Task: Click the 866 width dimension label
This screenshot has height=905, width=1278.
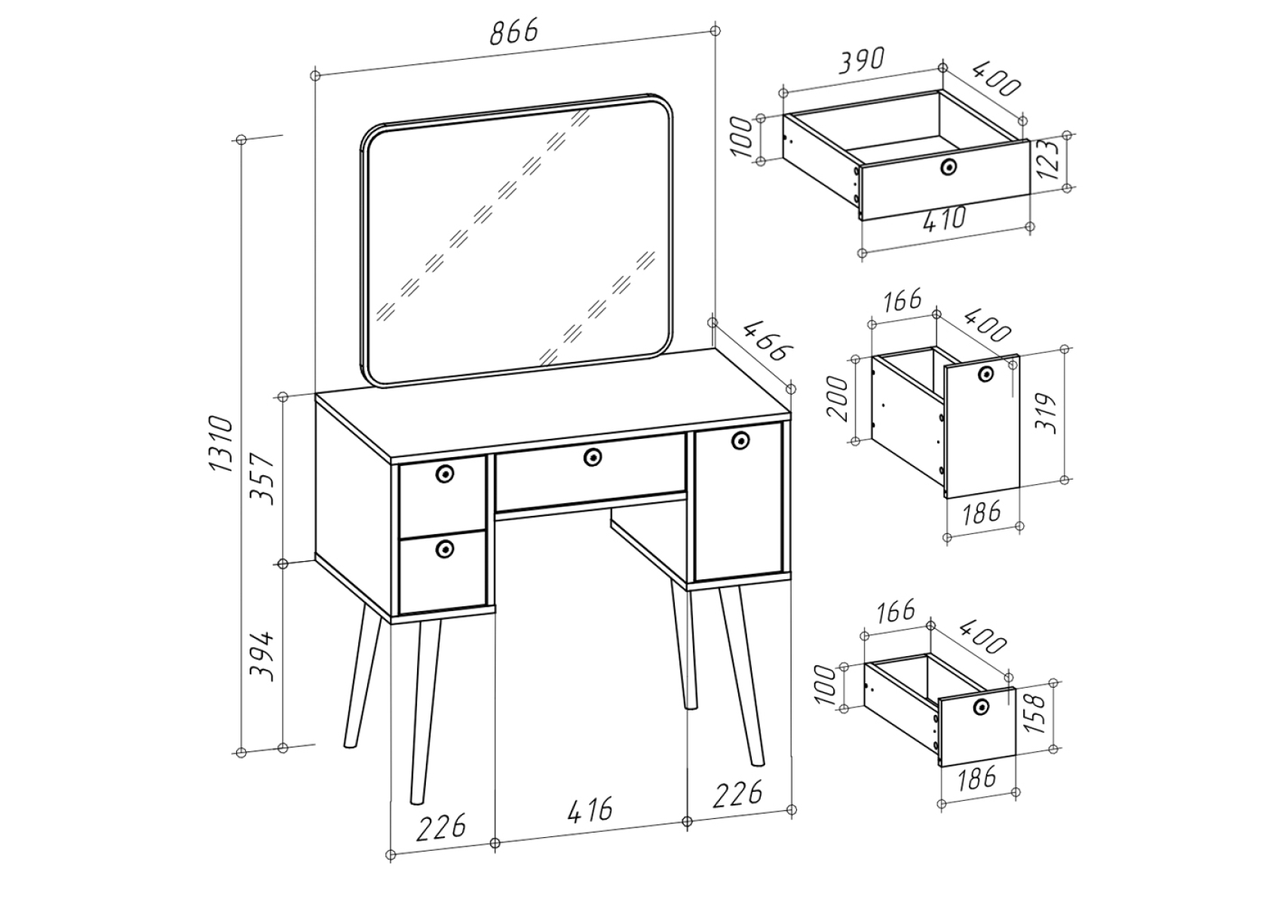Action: click(x=514, y=32)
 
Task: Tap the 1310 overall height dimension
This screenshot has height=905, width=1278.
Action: click(x=222, y=444)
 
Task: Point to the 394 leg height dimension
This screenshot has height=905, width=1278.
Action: click(x=263, y=655)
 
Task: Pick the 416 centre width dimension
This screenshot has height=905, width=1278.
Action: click(x=590, y=808)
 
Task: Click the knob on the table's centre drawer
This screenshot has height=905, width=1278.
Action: click(x=593, y=456)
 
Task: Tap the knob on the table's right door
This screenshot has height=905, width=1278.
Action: click(x=740, y=440)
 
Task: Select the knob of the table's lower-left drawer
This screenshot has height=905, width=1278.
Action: click(x=444, y=549)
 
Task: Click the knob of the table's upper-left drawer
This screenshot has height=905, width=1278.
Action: click(x=444, y=473)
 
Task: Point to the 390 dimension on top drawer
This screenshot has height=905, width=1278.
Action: click(x=862, y=61)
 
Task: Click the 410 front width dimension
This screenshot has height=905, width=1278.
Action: click(x=944, y=218)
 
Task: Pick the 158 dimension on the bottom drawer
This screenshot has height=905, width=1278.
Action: click(x=1034, y=713)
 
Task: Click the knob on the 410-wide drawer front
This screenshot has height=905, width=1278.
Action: click(x=949, y=167)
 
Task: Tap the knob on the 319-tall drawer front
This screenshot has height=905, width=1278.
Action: click(x=985, y=374)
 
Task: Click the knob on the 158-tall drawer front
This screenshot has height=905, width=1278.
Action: click(x=981, y=706)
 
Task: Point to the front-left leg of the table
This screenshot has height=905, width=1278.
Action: click(x=425, y=713)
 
